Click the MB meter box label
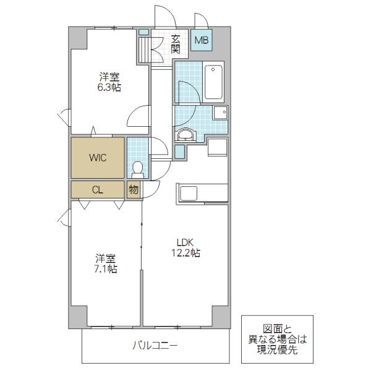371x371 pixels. (x=202, y=40)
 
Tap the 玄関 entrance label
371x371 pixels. (x=176, y=44)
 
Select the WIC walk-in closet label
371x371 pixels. (x=98, y=158)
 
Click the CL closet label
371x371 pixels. (x=98, y=190)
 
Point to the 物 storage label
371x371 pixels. (x=134, y=190)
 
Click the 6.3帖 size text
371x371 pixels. (x=109, y=88)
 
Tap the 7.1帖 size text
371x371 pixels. (x=106, y=269)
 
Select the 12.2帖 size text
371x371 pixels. (x=185, y=253)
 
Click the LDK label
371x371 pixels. (x=185, y=242)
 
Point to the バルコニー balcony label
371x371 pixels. (x=155, y=346)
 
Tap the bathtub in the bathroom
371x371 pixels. (x=214, y=82)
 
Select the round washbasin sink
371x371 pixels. (x=185, y=135)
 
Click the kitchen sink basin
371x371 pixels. (x=189, y=194)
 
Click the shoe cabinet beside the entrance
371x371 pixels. (x=145, y=49)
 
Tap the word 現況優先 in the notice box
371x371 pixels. (x=277, y=350)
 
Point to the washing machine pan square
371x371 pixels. (x=221, y=113)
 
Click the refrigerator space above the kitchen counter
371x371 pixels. (x=218, y=147)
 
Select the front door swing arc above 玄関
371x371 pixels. (x=166, y=14)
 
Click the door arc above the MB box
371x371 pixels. (x=202, y=20)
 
